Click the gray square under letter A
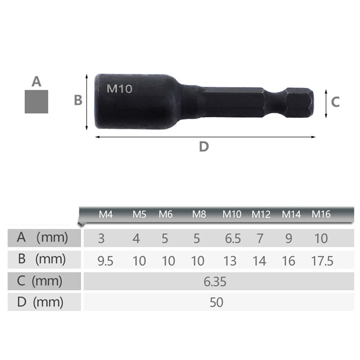tap(36, 101)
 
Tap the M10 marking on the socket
tap(119, 89)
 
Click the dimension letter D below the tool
tap(204, 146)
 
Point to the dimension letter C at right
tap(335, 102)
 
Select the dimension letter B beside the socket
tap(78, 100)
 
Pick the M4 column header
tap(105, 214)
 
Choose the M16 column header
tap(321, 214)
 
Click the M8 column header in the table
tap(199, 214)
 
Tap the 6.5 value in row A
tap(233, 238)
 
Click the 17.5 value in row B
tap(322, 261)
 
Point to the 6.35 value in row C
tap(215, 282)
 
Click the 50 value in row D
tap(216, 302)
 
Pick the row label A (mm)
tap(42, 237)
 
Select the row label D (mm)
tap(42, 302)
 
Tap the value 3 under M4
tap(101, 238)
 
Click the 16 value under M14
tap(288, 261)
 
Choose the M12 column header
tap(261, 214)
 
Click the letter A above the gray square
tap(36, 82)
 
